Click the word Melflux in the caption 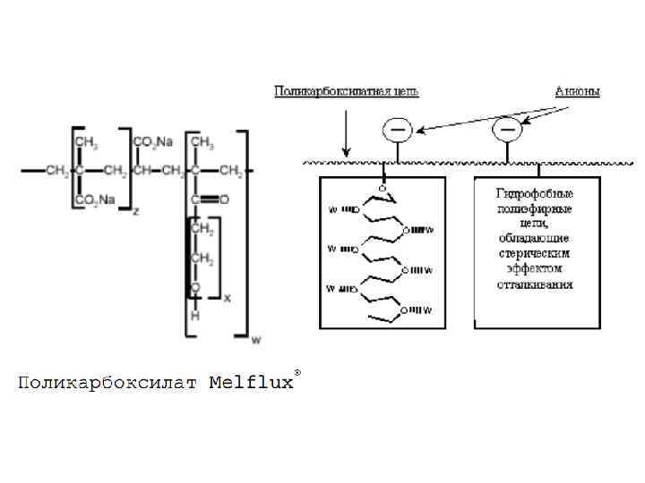(x=251, y=384)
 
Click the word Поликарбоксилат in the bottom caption (x=108, y=384)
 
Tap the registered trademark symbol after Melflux (x=297, y=371)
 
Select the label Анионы (x=578, y=91)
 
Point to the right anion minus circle (x=508, y=131)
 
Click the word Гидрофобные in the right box (x=536, y=193)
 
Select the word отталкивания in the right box (x=536, y=284)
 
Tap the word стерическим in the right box (x=536, y=254)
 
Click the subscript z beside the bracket (x=134, y=213)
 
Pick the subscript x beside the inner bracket (x=227, y=299)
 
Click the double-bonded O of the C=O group (x=224, y=199)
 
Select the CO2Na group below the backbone (x=97, y=199)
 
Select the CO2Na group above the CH (x=153, y=141)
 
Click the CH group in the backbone (x=143, y=170)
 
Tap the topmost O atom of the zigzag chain (x=383, y=189)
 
